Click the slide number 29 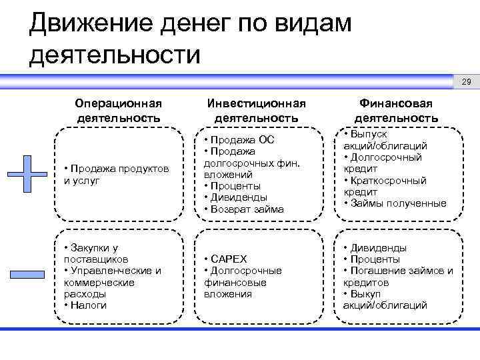tap(466, 82)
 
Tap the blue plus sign tap(27, 175)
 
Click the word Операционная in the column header tap(119, 103)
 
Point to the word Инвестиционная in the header tap(257, 103)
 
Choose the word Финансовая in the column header tap(396, 103)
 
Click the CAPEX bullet tap(228, 259)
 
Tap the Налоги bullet tap(87, 305)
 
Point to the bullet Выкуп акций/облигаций tap(385, 299)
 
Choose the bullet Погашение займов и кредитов tap(397, 276)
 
